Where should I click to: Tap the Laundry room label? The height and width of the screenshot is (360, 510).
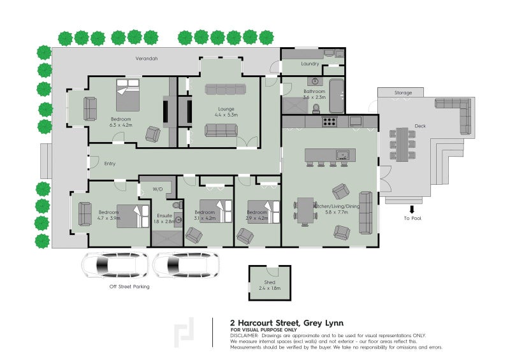point(310,64)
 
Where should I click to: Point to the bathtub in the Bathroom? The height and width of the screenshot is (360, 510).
point(335,89)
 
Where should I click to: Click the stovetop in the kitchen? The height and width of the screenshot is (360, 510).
point(330,121)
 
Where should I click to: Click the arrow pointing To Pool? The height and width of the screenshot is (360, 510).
point(412,208)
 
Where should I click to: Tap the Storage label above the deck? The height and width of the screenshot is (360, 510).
point(403,93)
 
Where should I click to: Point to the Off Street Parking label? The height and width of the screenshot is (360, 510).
point(129,287)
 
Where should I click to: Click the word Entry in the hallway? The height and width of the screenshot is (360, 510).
point(110,164)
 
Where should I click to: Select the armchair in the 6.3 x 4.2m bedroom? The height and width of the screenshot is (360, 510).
point(153,134)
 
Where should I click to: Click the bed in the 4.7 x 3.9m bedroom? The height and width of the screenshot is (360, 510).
point(133,215)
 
